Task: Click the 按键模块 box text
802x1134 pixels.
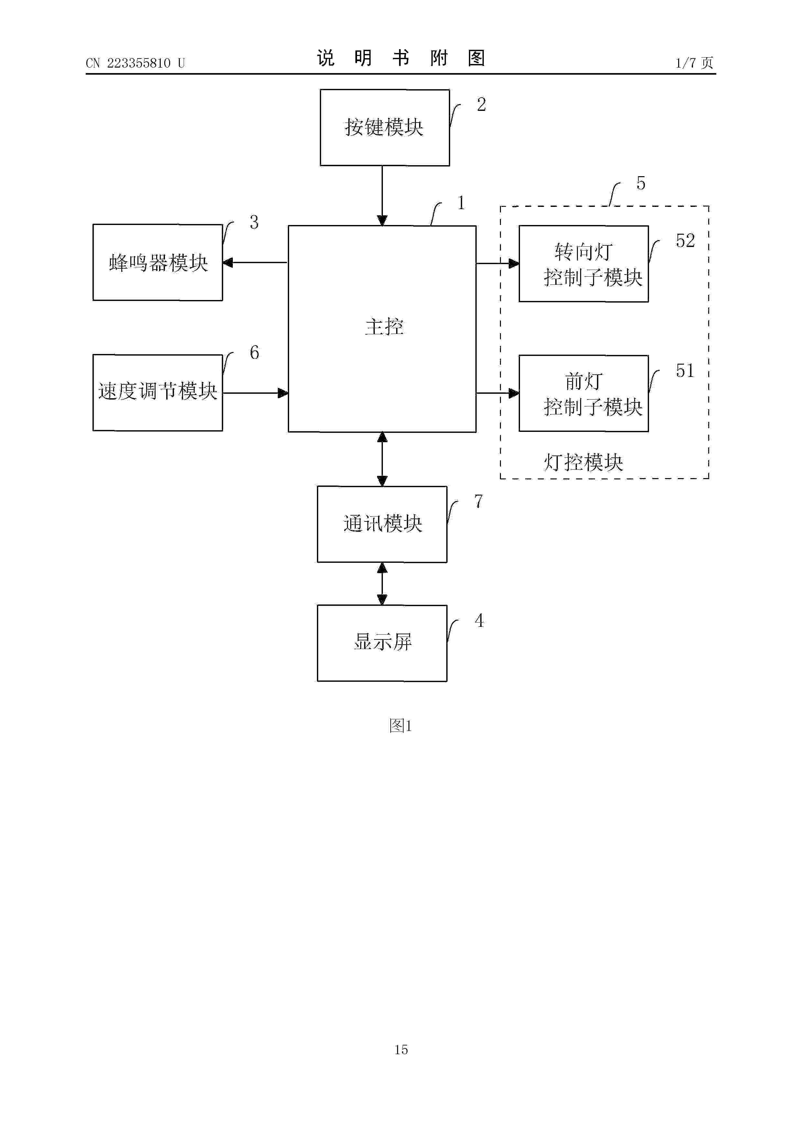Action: point(384,127)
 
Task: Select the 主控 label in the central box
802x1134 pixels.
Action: point(384,327)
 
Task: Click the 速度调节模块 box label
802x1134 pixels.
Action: point(157,391)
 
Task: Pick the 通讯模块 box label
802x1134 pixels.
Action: point(383,524)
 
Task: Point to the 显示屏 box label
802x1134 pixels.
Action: point(383,642)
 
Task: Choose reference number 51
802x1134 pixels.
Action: point(685,371)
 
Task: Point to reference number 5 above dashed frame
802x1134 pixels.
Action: point(640,184)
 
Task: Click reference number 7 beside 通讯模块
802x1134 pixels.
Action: point(478,502)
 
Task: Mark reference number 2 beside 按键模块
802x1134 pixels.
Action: point(481,105)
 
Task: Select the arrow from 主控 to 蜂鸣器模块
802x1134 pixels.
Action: point(255,263)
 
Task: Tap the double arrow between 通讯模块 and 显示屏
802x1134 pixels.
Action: point(382,584)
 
